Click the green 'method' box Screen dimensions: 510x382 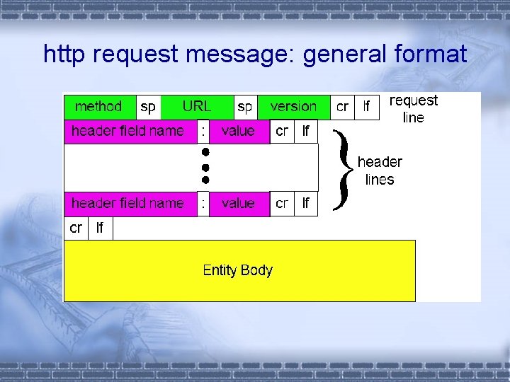tap(99, 107)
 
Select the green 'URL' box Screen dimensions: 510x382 tap(197, 107)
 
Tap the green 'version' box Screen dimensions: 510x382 tap(293, 107)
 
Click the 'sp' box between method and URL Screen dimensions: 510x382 tap(148, 107)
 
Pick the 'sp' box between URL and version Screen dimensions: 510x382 tap(245, 107)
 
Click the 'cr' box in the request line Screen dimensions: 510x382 tap(342, 107)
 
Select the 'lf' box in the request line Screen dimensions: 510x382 tap(367, 107)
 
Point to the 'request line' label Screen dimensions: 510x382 tap(414, 109)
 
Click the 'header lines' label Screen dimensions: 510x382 tap(380, 170)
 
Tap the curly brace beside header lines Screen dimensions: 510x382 tap(344, 170)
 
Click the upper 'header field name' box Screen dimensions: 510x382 tap(128, 132)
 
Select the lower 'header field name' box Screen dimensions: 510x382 tap(128, 204)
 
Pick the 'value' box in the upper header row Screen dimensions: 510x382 tap(239, 132)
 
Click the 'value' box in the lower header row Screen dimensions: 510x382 tap(239, 204)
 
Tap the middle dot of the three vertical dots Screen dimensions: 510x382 tap(204, 167)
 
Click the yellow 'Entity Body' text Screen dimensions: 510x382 tap(238, 270)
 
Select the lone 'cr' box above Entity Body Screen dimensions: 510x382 tap(76, 228)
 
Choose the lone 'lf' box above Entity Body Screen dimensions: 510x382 tap(100, 228)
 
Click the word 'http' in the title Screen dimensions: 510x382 tap(67, 54)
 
